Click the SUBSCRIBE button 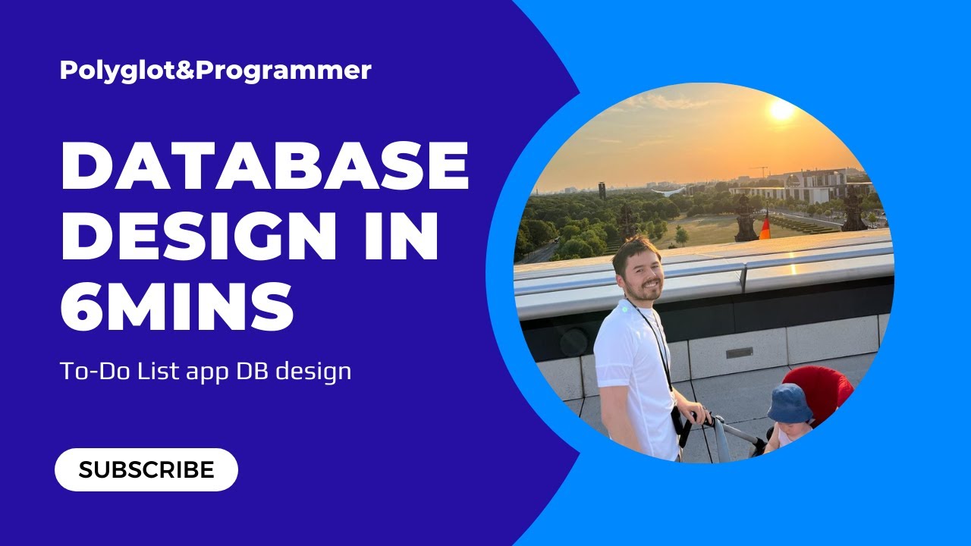pos(146,469)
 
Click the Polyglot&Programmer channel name pos(215,71)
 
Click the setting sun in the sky pos(781,110)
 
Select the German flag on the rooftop pos(765,228)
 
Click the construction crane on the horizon pos(759,171)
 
